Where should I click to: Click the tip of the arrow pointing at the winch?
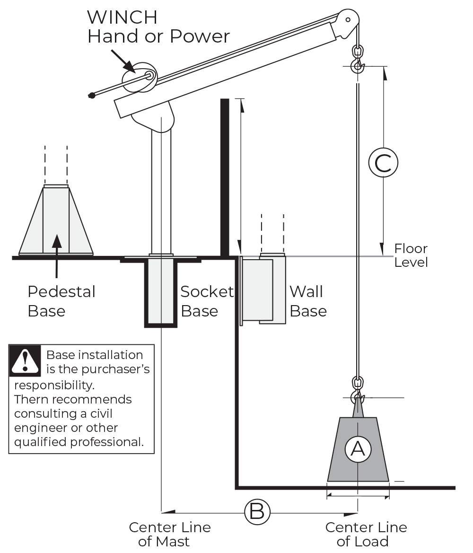pos(135,72)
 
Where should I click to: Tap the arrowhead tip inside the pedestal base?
pos(56,235)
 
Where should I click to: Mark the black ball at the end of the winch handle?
pos(92,95)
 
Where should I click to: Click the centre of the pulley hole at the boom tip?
pos(348,20)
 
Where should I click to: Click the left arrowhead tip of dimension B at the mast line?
pos(162,511)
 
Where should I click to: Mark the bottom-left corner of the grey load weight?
pos(327,481)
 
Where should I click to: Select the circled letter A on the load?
pos(358,449)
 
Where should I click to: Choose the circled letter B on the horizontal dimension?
pos(257,511)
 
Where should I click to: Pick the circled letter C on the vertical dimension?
pos(383,163)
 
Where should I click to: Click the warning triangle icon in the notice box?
pos(25,360)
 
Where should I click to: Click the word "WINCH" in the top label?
pos(122,18)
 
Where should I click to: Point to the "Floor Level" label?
pos(411,255)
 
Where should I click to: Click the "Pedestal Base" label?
pos(61,301)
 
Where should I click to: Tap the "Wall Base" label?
pos(308,301)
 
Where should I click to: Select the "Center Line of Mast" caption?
pos(170,534)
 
